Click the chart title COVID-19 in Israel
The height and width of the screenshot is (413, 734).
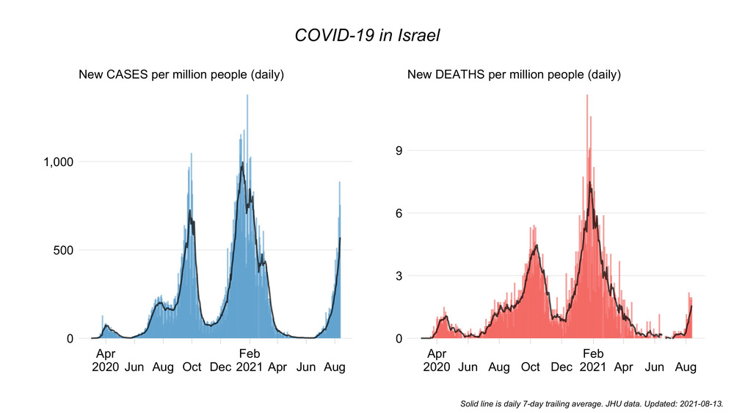[x=366, y=35]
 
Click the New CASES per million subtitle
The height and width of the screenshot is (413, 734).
[x=181, y=75]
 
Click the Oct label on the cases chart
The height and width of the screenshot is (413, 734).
[x=192, y=367]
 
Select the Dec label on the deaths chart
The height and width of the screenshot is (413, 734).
[x=562, y=367]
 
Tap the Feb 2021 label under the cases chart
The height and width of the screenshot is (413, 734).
[x=250, y=359]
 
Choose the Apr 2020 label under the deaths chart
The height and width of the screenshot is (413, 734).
[x=437, y=359]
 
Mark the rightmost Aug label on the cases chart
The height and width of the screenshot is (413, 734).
[x=335, y=367]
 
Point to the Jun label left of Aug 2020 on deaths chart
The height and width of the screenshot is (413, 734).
[x=468, y=367]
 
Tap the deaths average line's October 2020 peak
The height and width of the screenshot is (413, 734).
[x=537, y=245]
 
